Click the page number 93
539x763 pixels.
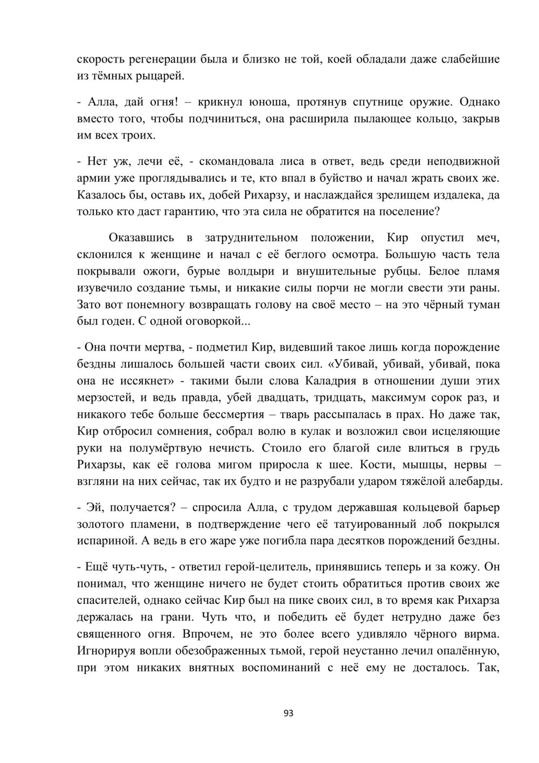pos(288,713)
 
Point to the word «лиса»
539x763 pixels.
pos(291,161)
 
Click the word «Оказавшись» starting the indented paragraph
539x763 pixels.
pos(141,237)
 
